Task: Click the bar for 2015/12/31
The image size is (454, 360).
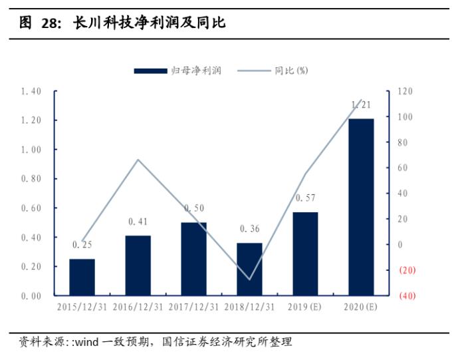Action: pyautogui.click(x=82, y=277)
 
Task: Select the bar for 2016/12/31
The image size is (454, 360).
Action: pyautogui.click(x=138, y=266)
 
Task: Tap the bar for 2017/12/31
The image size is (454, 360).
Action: pyautogui.click(x=193, y=259)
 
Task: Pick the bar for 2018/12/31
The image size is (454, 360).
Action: pyautogui.click(x=249, y=269)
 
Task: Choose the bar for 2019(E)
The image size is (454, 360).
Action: pyautogui.click(x=305, y=254)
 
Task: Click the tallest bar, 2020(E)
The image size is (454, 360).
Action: pyautogui.click(x=361, y=207)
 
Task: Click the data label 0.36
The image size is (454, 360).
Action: pyautogui.click(x=249, y=229)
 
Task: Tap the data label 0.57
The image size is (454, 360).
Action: pyautogui.click(x=305, y=198)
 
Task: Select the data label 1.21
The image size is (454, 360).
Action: pyautogui.click(x=361, y=104)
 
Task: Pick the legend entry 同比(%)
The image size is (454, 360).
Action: pyautogui.click(x=290, y=71)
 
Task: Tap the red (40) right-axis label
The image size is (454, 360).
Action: pyautogui.click(x=407, y=296)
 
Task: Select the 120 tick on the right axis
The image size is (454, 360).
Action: pyautogui.click(x=405, y=91)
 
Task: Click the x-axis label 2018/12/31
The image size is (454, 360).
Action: pyautogui.click(x=249, y=307)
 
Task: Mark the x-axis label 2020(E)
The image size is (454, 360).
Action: pyautogui.click(x=361, y=307)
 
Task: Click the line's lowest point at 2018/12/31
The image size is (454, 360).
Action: pyautogui.click(x=250, y=279)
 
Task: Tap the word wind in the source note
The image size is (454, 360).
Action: pyautogui.click(x=84, y=342)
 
